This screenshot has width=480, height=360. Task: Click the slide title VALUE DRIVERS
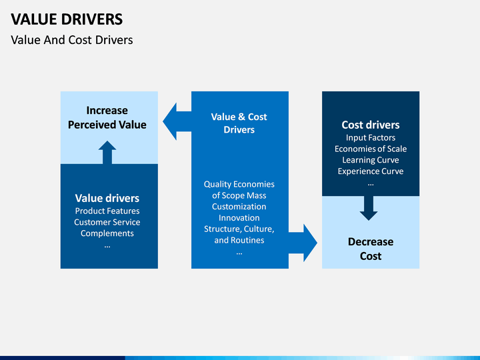[x=67, y=19]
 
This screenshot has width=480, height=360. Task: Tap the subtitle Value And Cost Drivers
[x=72, y=40]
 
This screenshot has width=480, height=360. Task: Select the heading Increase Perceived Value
[x=107, y=117]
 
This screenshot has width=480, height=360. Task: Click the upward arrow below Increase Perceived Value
[x=107, y=153]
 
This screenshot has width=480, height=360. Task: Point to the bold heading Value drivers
[x=107, y=199]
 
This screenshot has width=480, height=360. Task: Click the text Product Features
[x=107, y=211]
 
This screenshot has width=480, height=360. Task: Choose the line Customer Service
[x=107, y=222]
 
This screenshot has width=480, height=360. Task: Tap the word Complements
[x=107, y=233]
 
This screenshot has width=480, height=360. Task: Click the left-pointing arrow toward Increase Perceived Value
[x=177, y=121]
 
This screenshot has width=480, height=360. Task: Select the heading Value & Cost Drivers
[x=239, y=123]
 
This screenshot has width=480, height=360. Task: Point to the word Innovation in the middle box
[x=239, y=218]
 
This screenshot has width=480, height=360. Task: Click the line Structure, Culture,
[x=239, y=229]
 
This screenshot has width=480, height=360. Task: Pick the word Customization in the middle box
[x=239, y=207]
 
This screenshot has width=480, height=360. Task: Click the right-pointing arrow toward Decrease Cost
[x=303, y=243]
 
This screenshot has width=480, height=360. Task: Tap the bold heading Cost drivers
[x=371, y=125]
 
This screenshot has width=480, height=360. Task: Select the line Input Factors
[x=371, y=138]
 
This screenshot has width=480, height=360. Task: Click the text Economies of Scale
[x=371, y=149]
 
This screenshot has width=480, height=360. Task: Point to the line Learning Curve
[x=371, y=160]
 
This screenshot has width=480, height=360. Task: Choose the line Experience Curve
[x=371, y=171]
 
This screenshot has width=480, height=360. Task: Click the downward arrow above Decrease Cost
[x=369, y=208]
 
